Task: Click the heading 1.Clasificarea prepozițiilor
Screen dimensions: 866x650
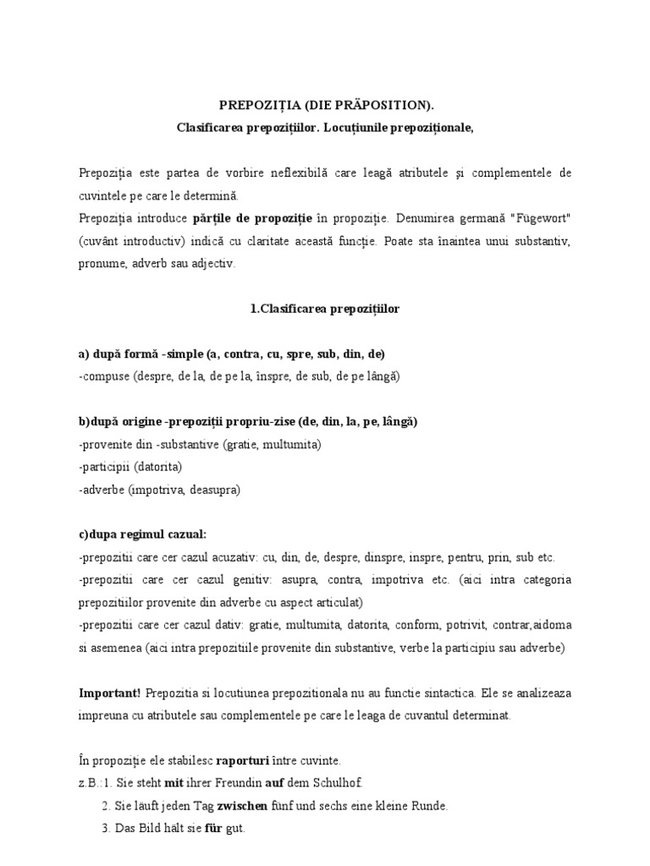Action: pyautogui.click(x=325, y=309)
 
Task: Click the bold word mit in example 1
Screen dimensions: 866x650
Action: pyautogui.click(x=175, y=783)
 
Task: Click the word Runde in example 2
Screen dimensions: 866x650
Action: pyautogui.click(x=430, y=806)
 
